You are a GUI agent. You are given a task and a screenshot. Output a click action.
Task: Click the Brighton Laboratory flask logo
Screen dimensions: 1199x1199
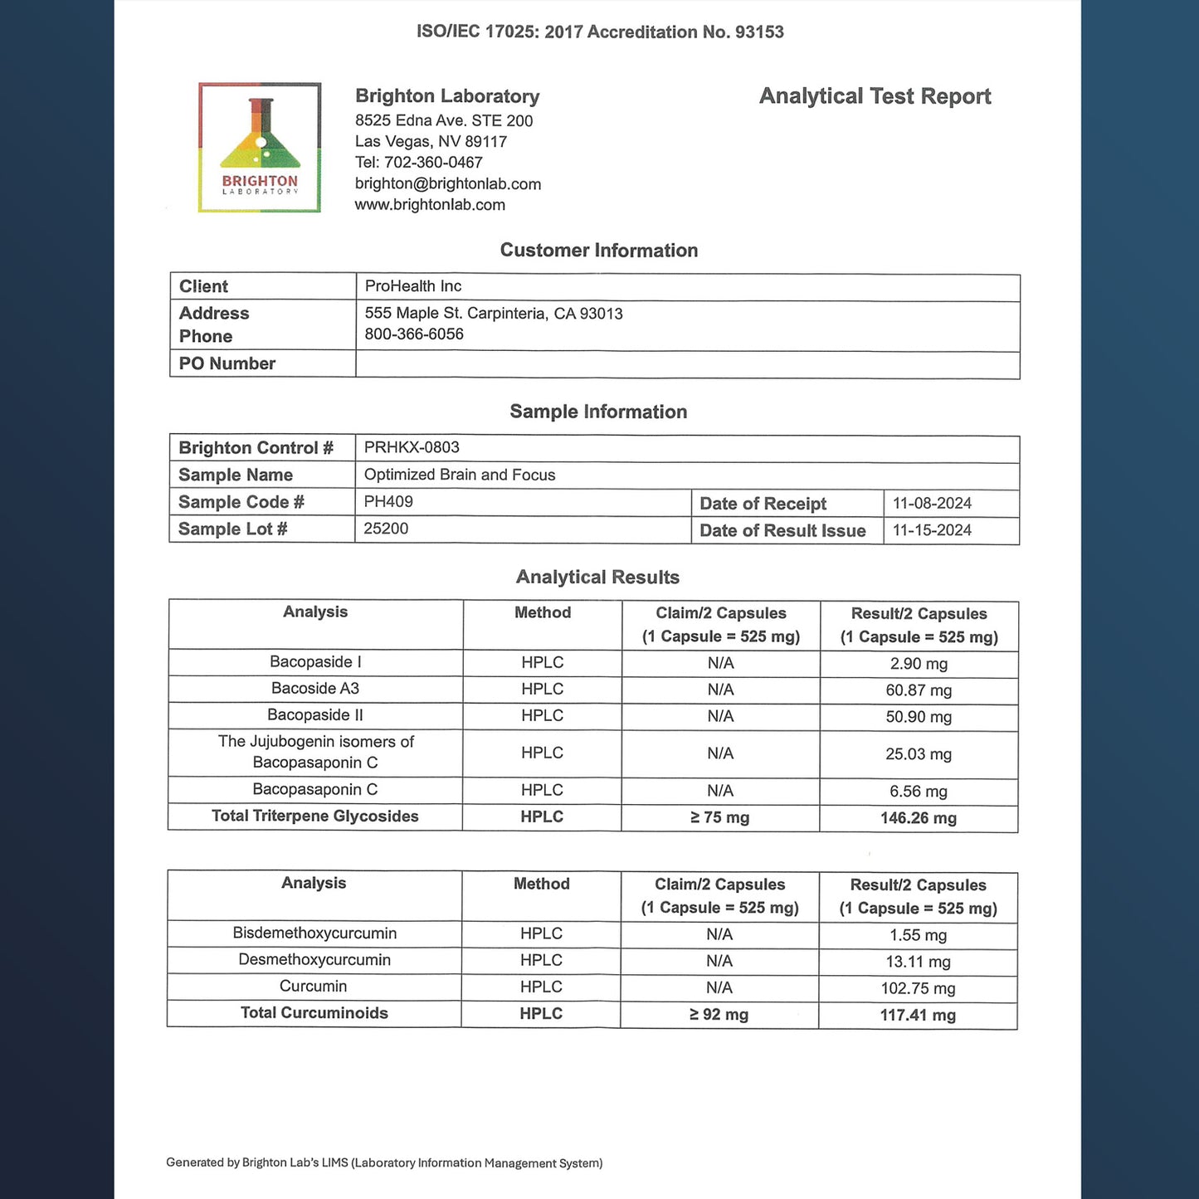pyautogui.click(x=260, y=147)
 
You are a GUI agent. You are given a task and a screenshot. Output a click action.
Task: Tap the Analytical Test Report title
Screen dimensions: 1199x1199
pyautogui.click(x=875, y=96)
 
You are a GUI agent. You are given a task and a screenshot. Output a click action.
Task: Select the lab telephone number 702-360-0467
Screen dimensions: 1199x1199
pyautogui.click(x=433, y=163)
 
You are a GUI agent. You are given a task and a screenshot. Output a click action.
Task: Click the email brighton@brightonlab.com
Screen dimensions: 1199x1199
pyautogui.click(x=448, y=184)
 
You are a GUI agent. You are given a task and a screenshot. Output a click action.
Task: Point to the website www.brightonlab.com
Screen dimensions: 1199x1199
pyautogui.click(x=430, y=205)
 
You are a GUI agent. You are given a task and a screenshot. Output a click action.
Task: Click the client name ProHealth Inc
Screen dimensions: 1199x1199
pyautogui.click(x=413, y=286)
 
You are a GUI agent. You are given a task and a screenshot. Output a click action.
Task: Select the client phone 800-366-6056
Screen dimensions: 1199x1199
pyautogui.click(x=414, y=334)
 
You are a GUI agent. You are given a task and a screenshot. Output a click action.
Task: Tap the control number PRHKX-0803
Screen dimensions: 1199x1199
pyautogui.click(x=412, y=448)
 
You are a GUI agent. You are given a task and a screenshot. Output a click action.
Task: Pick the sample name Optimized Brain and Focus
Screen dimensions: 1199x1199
pyautogui.click(x=460, y=475)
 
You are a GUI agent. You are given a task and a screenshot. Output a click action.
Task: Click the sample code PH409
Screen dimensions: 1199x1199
pyautogui.click(x=388, y=502)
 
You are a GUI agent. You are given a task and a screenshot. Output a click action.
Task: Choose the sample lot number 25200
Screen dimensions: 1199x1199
pyautogui.click(x=386, y=529)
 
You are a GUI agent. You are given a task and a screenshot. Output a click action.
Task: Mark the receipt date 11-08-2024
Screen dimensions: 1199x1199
pyautogui.click(x=932, y=504)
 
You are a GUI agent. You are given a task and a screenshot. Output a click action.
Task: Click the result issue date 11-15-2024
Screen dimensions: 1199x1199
pyautogui.click(x=932, y=531)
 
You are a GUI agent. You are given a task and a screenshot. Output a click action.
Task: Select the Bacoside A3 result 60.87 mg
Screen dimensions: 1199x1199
pyautogui.click(x=919, y=690)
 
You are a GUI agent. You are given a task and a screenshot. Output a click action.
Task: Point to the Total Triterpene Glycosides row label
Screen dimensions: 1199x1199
pyautogui.click(x=315, y=816)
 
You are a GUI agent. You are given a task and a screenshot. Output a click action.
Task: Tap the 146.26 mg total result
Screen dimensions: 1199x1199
pyautogui.click(x=919, y=818)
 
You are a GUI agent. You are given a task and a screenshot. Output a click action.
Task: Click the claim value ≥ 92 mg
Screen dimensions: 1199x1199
pyautogui.click(x=719, y=1015)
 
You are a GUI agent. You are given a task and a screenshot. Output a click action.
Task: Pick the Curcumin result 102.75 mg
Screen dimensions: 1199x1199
pyautogui.click(x=918, y=988)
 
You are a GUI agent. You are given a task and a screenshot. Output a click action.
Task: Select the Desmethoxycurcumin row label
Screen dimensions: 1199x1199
pyautogui.click(x=314, y=960)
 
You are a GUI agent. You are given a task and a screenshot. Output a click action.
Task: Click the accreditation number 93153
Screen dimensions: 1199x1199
pyautogui.click(x=759, y=32)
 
